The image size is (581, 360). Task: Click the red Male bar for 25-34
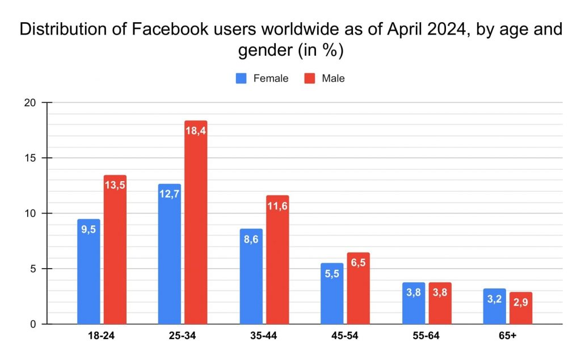[x=196, y=223]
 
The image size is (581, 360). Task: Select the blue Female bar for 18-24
[x=89, y=272]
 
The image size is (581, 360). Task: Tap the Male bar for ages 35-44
[x=277, y=260]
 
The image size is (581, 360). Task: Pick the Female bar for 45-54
[x=332, y=294]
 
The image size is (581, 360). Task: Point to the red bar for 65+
[x=521, y=308]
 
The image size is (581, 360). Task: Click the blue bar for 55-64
[x=414, y=303]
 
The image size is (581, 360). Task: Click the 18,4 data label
[x=196, y=131]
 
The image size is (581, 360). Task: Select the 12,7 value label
[x=169, y=194]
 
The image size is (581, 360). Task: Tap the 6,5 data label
[x=359, y=262]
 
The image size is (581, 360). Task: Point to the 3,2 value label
[x=494, y=299]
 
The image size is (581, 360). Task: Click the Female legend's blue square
[x=241, y=78]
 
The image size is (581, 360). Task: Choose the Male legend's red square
[x=310, y=78]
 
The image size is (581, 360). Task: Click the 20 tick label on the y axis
[x=30, y=103]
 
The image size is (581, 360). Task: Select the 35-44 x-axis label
[x=263, y=336]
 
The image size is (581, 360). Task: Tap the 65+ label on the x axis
[x=507, y=336]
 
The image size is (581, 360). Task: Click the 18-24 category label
[x=101, y=336]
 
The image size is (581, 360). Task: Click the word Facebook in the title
[x=170, y=30]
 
